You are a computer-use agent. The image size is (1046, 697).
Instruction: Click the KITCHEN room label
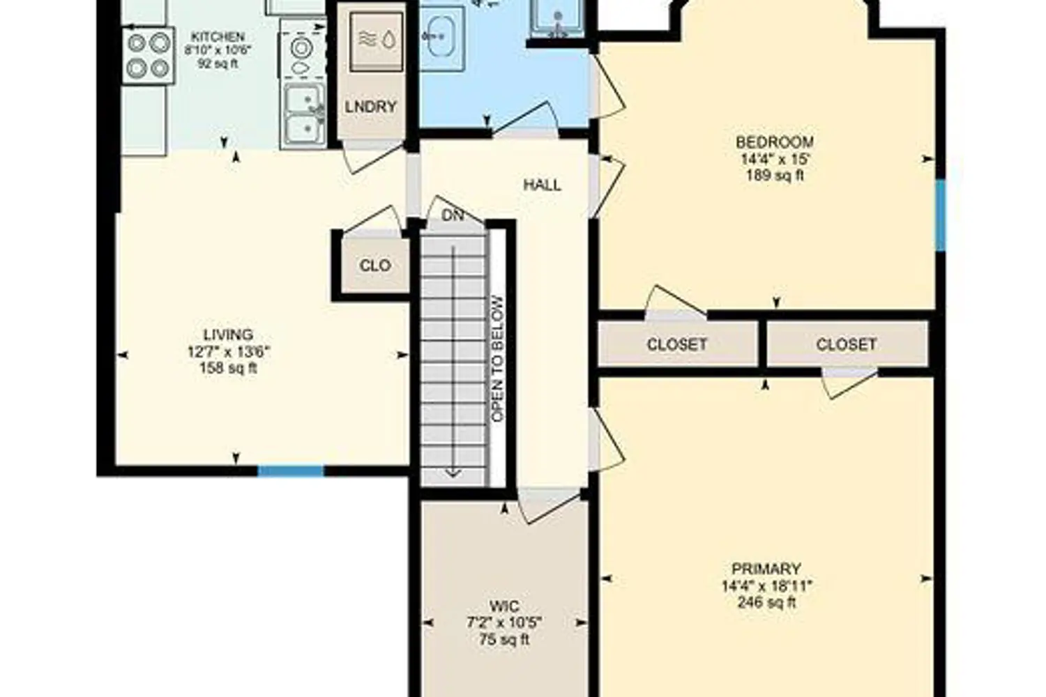pos(218,36)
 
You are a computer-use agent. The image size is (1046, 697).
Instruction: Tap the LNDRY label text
pos(371,107)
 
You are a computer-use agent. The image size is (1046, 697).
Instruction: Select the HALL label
pos(542,185)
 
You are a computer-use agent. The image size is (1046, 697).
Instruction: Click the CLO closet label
pos(375,266)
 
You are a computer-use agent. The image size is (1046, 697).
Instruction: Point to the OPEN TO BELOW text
pos(498,359)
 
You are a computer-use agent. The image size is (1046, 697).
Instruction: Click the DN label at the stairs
pos(453,215)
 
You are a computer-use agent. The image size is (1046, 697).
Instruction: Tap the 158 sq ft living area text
pos(228,368)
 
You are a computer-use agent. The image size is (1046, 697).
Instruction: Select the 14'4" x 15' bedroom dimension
pos(775,159)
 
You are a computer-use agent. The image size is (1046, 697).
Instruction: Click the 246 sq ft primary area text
pos(767,602)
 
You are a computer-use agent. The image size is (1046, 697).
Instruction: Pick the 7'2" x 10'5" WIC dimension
pos(504,623)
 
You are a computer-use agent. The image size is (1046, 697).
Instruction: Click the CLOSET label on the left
pos(676,344)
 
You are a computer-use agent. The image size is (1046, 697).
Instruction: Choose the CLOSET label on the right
pos(846,344)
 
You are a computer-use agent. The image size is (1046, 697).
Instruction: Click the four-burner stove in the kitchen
pos(149,56)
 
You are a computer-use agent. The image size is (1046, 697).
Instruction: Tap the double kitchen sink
pos(304,116)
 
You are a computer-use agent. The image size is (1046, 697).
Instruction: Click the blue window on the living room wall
pos(291,471)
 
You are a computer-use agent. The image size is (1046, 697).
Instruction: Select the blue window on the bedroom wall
pos(941,215)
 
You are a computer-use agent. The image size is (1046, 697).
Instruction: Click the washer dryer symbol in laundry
pos(377,41)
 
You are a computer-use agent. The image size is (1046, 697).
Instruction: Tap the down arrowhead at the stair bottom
pos(453,474)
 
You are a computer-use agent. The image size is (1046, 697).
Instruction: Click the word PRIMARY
pos(766,569)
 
